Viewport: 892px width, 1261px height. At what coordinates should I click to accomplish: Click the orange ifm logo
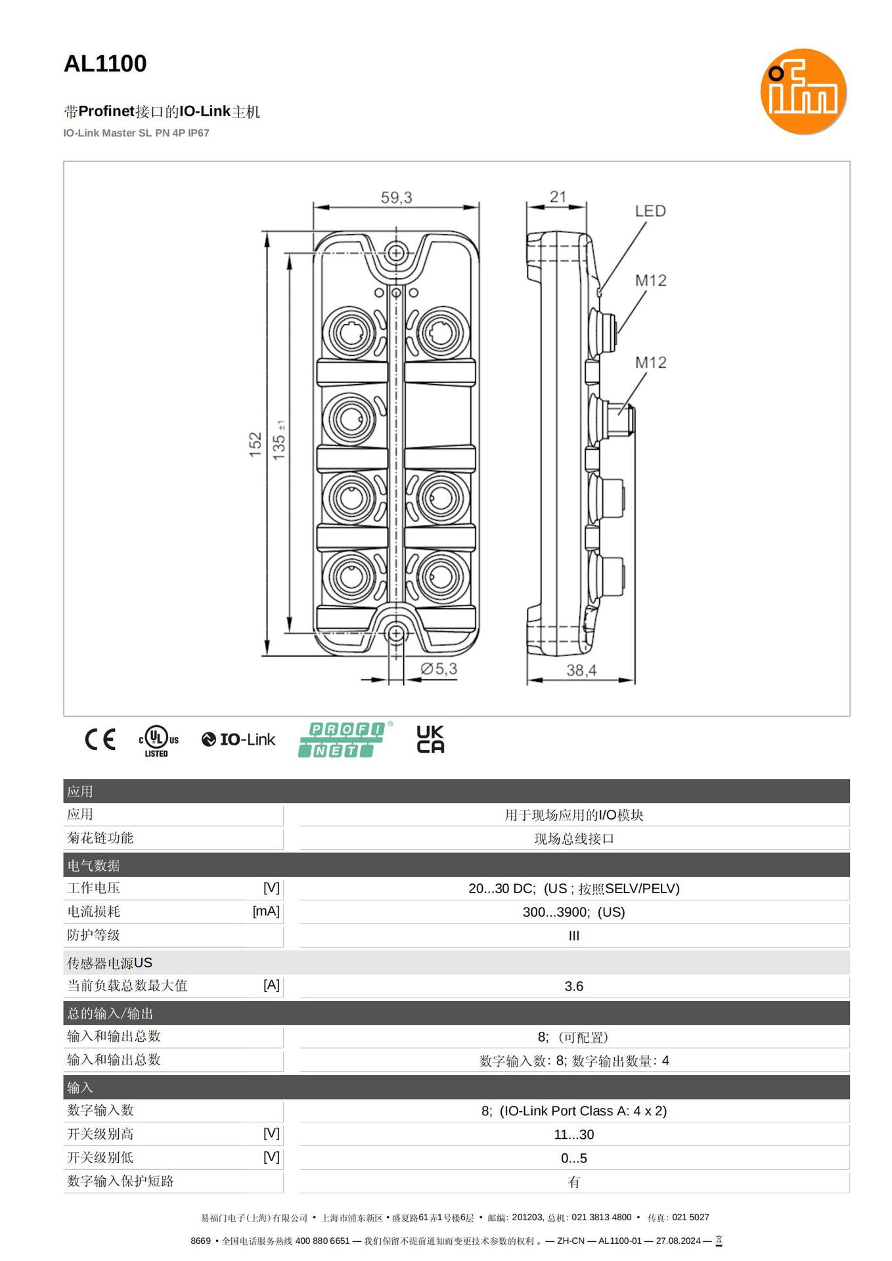803,91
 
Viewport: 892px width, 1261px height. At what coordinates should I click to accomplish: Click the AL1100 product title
105,64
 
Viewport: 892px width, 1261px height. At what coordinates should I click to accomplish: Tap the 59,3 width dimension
396,197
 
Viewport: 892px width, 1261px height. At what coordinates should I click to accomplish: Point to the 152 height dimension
256,444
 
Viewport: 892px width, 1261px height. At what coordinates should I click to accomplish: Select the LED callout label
650,211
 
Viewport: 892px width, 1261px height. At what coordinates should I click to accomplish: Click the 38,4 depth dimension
581,670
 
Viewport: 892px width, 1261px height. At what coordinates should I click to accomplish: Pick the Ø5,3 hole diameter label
439,669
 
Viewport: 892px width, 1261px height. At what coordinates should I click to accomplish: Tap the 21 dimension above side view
558,196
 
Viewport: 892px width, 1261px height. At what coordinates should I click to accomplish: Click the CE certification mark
100,740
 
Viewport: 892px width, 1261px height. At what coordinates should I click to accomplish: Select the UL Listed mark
158,741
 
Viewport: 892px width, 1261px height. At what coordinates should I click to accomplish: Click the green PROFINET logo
343,740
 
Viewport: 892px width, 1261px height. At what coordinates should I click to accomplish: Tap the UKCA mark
430,740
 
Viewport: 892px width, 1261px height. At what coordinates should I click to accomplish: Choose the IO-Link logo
238,740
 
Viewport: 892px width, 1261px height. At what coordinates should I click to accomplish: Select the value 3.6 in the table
573,986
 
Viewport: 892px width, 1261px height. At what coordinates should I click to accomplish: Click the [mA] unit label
266,912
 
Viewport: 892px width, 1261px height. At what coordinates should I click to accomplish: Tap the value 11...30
573,1135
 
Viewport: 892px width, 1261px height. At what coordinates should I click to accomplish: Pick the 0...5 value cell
573,1159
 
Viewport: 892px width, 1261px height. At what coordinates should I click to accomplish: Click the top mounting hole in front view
395,252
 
